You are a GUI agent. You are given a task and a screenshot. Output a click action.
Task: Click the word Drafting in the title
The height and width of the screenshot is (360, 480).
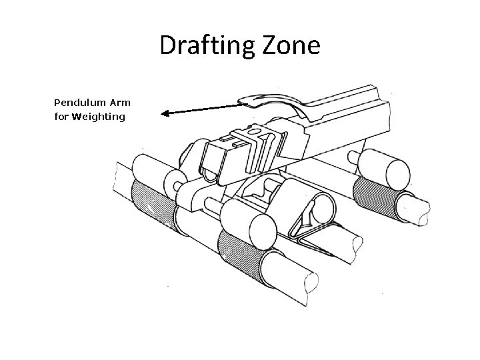point(202,47)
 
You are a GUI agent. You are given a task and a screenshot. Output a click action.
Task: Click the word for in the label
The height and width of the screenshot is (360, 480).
point(61,117)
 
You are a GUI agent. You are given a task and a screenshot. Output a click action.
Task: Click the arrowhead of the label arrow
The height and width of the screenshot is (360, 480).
point(167,114)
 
